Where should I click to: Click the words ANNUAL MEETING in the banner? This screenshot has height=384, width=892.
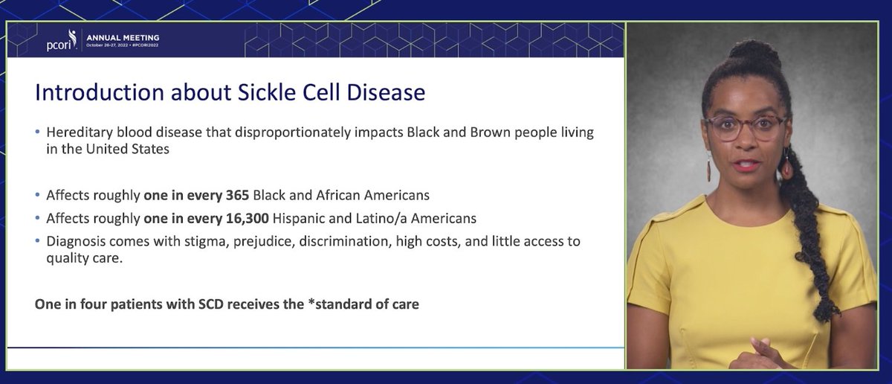click(x=123, y=38)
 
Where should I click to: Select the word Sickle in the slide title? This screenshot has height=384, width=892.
click(x=267, y=92)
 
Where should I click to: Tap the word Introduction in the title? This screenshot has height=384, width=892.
click(x=100, y=92)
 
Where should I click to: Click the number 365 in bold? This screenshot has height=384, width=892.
click(x=238, y=196)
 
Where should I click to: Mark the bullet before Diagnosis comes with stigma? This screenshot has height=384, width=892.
click(x=37, y=241)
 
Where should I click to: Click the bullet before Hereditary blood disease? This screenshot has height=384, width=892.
click(x=37, y=132)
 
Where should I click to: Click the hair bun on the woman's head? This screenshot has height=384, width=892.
click(x=755, y=53)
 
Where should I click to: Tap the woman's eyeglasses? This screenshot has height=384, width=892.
click(x=746, y=127)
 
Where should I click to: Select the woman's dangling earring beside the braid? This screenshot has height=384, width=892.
click(x=786, y=164)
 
